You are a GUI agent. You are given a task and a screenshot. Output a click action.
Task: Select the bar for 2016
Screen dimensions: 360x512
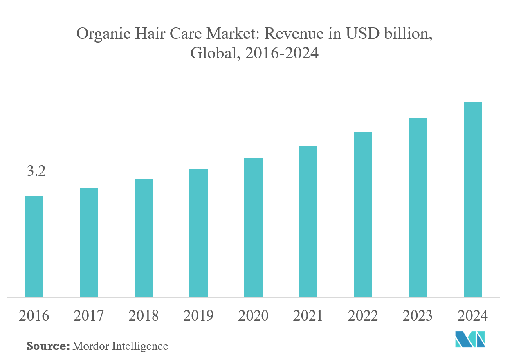(34, 247)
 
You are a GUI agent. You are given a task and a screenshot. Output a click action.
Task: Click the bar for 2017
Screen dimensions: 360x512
(89, 243)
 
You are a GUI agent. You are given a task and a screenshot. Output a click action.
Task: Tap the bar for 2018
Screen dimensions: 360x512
(144, 238)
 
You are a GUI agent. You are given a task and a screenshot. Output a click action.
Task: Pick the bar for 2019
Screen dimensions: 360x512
(198, 233)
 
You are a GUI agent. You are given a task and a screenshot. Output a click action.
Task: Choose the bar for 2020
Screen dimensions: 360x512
(253, 227)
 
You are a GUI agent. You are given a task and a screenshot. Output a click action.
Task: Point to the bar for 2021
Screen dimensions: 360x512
(308, 221)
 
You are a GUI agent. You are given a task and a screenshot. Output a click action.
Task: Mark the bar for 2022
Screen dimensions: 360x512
(363, 215)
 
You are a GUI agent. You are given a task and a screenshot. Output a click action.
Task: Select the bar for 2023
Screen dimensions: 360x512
(418, 208)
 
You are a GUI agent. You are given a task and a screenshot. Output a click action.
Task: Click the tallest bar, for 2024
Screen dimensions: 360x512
(473, 200)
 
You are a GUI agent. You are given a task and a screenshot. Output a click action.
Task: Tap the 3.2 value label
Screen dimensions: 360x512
(36, 171)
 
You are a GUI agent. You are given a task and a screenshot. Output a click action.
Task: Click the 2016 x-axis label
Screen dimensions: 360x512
(34, 316)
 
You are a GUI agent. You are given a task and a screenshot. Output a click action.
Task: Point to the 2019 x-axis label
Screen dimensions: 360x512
(198, 316)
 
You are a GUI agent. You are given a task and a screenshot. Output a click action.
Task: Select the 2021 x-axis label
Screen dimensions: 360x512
(308, 316)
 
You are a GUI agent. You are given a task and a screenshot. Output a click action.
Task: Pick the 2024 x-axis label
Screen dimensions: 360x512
(473, 316)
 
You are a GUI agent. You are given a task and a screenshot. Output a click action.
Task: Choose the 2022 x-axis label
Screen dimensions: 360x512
(363, 316)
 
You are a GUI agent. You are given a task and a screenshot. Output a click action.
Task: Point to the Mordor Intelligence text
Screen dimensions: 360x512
(120, 346)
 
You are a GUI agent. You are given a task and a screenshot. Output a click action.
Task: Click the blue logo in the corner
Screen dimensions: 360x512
(471, 340)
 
